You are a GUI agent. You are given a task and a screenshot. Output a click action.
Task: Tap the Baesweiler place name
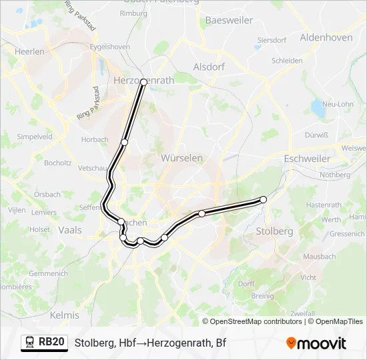point(229,20)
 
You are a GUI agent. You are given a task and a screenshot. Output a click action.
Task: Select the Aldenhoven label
point(326,37)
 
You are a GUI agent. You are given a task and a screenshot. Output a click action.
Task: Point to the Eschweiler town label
point(307,159)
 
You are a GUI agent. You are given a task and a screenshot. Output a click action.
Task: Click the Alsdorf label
point(209,67)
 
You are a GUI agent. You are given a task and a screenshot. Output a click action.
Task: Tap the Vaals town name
point(70,229)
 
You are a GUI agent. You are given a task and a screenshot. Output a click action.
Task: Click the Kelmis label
point(65,314)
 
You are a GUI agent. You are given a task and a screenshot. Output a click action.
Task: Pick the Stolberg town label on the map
point(274,231)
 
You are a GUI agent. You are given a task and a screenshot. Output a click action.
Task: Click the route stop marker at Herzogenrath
point(143,81)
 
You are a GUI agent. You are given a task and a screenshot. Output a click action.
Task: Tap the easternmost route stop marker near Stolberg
point(263,199)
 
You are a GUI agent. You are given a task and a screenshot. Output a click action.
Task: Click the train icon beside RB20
point(30,342)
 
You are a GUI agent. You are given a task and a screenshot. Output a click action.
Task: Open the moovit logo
point(316,343)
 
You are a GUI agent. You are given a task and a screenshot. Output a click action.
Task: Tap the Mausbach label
point(318,256)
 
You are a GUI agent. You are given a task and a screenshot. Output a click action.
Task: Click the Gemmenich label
point(48,273)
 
